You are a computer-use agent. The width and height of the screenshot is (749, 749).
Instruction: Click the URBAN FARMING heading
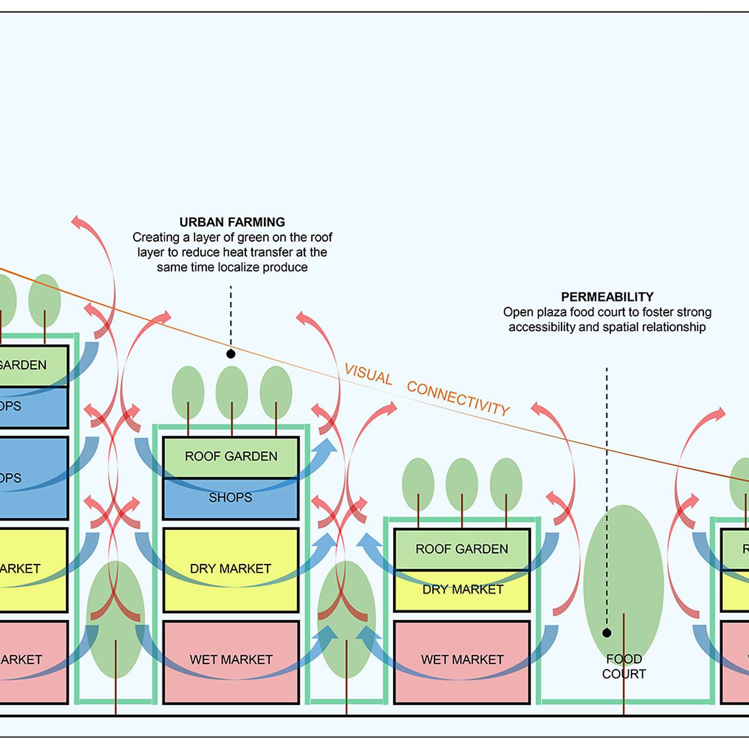tap(232, 222)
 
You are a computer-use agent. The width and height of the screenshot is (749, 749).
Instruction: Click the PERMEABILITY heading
tap(607, 297)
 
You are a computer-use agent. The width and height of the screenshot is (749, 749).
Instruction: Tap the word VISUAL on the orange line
tap(368, 373)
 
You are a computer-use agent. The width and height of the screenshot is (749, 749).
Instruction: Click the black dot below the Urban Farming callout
tap(231, 354)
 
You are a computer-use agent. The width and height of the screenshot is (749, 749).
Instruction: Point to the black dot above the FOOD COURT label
tap(607, 633)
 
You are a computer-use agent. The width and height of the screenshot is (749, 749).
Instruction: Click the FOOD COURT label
tap(624, 667)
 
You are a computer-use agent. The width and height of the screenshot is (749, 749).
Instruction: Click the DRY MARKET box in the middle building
tap(231, 569)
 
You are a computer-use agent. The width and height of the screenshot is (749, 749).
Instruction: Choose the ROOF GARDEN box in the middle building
tap(231, 456)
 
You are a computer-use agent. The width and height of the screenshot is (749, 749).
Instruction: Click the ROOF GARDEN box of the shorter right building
tap(462, 549)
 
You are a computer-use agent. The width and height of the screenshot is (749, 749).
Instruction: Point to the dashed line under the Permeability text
tap(607, 481)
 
